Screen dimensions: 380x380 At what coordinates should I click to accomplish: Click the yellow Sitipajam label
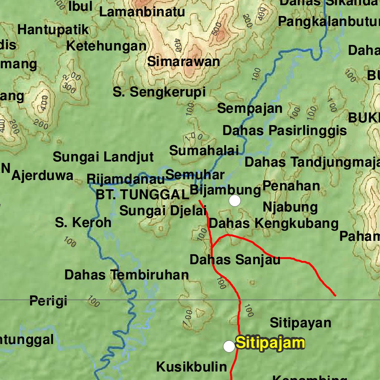270,343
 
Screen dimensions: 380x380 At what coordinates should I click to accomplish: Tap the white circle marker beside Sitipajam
229,347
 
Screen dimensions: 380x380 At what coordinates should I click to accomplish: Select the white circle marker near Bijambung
235,201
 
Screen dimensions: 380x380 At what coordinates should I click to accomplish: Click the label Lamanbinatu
142,12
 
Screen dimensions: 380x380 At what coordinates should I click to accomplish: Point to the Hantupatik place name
53,30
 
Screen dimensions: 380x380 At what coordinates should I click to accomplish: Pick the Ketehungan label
106,46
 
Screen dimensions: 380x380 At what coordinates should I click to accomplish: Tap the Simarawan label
184,62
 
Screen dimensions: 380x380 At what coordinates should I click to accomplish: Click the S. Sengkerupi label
159,92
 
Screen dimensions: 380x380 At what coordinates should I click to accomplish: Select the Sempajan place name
250,109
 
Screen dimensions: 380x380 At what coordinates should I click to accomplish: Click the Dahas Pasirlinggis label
285,131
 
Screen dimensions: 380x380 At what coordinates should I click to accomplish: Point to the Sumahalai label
204,151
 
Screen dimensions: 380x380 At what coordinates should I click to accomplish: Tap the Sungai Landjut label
103,157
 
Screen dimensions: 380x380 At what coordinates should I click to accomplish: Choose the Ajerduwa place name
42,176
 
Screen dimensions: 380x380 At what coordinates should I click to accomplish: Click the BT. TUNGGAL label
142,194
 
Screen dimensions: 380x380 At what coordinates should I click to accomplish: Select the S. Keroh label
83,222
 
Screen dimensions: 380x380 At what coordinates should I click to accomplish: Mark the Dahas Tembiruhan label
127,275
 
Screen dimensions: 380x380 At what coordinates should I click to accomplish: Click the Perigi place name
48,301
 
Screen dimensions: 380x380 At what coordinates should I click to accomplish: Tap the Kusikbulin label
191,367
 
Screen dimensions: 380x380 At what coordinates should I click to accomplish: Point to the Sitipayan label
300,322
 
